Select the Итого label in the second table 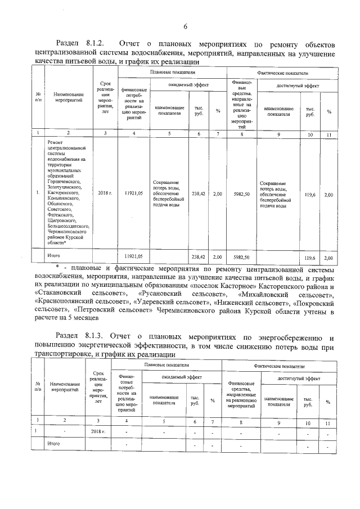[53, 444]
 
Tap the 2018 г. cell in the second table [98, 431]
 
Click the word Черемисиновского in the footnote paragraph [191, 310]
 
